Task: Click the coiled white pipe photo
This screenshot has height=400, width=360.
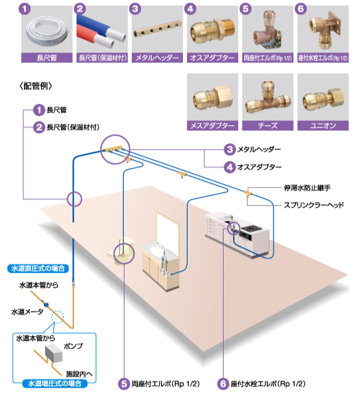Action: [x=47, y=31]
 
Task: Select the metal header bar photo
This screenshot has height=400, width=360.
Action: [x=158, y=31]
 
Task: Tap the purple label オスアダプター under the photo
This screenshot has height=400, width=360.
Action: [x=212, y=58]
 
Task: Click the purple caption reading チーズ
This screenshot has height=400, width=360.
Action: [x=268, y=126]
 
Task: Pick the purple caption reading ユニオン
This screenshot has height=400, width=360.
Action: [x=323, y=126]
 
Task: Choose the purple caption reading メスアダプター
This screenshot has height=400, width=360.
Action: [x=212, y=126]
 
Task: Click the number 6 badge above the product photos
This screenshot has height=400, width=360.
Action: [x=301, y=9]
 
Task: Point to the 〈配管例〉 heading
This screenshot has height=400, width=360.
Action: [x=36, y=86]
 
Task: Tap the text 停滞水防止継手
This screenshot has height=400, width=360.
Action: [x=307, y=188]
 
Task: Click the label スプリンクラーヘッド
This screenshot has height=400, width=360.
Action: [x=314, y=205]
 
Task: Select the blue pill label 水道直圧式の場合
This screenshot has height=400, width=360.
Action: [x=38, y=268]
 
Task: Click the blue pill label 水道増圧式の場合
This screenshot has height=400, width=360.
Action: [x=55, y=383]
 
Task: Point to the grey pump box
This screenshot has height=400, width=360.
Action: [x=54, y=353]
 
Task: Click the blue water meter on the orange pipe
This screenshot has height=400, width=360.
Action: [x=46, y=304]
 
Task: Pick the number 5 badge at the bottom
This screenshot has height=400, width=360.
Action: [x=124, y=383]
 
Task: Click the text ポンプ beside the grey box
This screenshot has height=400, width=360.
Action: [x=73, y=346]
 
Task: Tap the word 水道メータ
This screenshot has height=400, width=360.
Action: [x=27, y=311]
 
